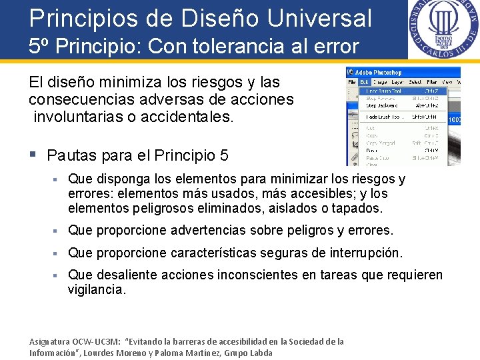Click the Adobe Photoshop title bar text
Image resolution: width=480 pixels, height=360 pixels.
coord(381,72)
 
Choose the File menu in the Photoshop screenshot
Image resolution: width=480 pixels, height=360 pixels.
coord(351,82)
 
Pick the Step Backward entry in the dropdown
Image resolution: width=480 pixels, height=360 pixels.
coord(382,105)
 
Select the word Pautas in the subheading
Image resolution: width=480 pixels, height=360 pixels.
coord(72,155)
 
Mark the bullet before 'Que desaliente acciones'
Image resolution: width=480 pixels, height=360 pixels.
coord(59,275)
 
